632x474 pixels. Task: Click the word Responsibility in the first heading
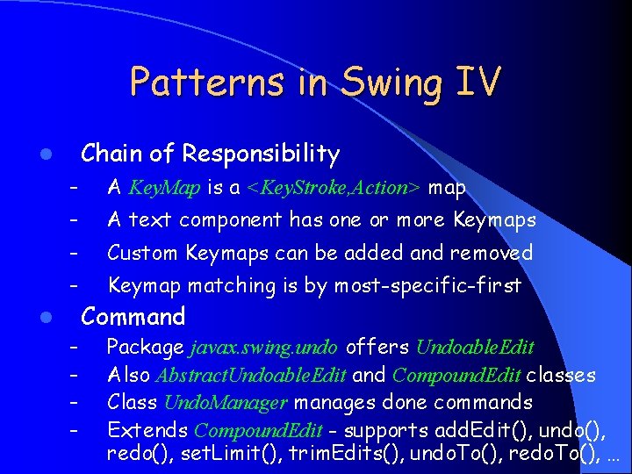pyautogui.click(x=261, y=154)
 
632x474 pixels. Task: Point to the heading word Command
pyautogui.click(x=133, y=317)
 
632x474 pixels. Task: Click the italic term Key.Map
pyautogui.click(x=166, y=188)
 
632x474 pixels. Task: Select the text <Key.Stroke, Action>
pyautogui.click(x=334, y=188)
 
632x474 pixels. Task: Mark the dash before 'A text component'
pyautogui.click(x=76, y=220)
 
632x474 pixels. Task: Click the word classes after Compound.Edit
pyautogui.click(x=560, y=376)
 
